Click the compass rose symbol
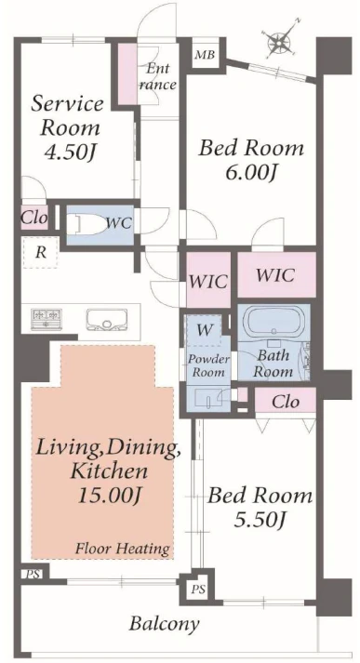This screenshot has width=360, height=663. tap(281, 39)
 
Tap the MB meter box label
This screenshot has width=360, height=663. tap(205, 55)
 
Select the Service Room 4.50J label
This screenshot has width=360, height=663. tap(68, 128)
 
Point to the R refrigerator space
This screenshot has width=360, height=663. tap(40, 252)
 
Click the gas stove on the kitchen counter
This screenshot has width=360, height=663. tap(47, 319)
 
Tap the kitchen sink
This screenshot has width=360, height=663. tap(107, 319)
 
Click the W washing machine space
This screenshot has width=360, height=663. tap(205, 329)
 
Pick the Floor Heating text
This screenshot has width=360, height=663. tap(122, 549)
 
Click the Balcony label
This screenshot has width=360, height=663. tap(164, 624)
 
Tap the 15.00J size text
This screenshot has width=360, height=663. tap(108, 497)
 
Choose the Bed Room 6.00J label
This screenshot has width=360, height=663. tap(251, 160)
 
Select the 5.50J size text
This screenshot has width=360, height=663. tap(259, 521)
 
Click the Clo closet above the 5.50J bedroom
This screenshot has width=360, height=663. tap(286, 402)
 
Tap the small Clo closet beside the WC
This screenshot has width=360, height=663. tap(34, 219)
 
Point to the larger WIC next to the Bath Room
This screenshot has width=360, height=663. tap(276, 275)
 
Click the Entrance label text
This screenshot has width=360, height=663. tap(158, 76)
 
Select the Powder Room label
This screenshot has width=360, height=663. tap(208, 366)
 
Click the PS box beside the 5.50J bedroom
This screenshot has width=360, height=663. tap(197, 589)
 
